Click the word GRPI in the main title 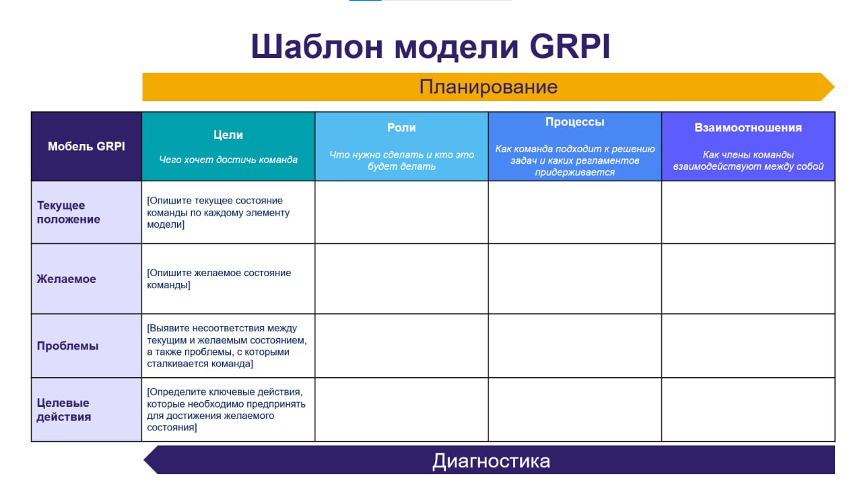coord(570,46)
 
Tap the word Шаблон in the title coord(317,46)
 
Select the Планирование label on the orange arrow coord(488,87)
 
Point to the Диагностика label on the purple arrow coord(491,461)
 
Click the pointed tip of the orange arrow coord(834,87)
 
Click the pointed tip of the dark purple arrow coord(144,459)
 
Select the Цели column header coord(228,135)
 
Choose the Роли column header coord(401,127)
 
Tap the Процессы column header coord(575,122)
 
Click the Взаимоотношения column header coord(748,127)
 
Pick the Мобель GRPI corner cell coord(87,146)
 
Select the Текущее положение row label coord(69,212)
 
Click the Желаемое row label coord(66,279)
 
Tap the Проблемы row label coord(68,346)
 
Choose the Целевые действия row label coord(64,410)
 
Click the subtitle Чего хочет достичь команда coord(228,160)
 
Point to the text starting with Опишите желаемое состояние coord(219,279)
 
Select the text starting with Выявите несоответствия coord(227,346)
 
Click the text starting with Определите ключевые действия coord(226,410)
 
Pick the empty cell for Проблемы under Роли coord(401,346)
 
